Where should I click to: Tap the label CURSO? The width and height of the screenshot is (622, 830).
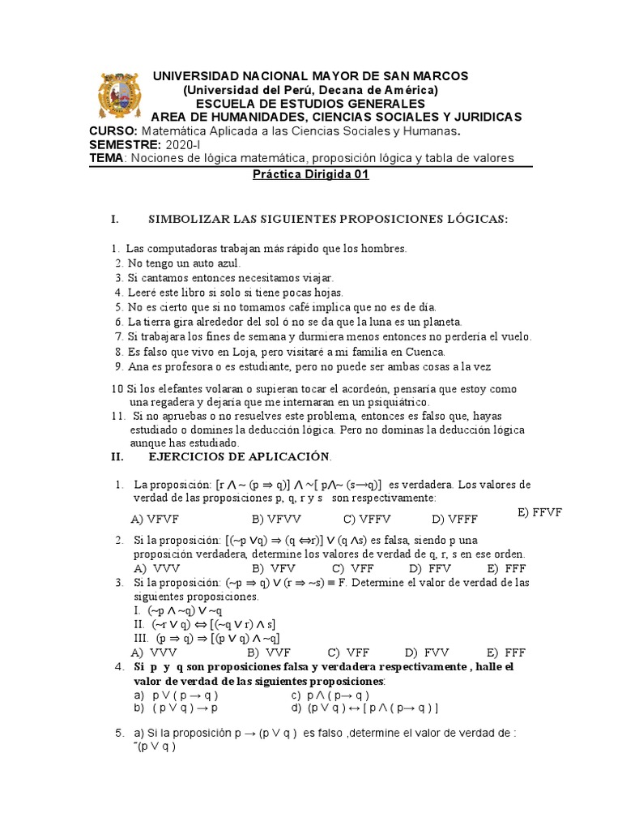pyautogui.click(x=113, y=131)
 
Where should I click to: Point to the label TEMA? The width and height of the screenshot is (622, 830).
pyautogui.click(x=107, y=158)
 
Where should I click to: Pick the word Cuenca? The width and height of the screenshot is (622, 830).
pyautogui.click(x=421, y=352)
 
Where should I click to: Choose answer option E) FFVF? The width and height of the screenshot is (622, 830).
pyautogui.click(x=539, y=512)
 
